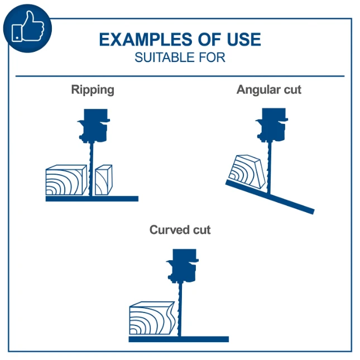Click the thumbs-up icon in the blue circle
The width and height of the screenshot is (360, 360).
click(x=28, y=27)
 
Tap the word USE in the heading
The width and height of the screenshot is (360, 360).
click(x=243, y=40)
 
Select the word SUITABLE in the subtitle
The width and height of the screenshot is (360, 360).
click(x=165, y=57)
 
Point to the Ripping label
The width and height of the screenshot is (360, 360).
click(x=93, y=90)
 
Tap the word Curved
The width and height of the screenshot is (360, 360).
click(x=169, y=230)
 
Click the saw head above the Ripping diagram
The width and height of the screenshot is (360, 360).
click(x=94, y=126)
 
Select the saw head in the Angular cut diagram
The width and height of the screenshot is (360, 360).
click(x=272, y=125)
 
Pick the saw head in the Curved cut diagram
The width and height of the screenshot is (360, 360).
click(x=183, y=266)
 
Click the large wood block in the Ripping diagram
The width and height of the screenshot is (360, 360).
click(x=66, y=180)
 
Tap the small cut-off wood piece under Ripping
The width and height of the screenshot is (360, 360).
click(x=104, y=180)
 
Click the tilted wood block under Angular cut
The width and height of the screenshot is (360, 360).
click(x=247, y=171)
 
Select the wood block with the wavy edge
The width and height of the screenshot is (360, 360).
click(x=152, y=318)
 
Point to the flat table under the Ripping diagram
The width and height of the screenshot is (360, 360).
click(x=92, y=199)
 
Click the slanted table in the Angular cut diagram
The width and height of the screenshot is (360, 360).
click(x=270, y=197)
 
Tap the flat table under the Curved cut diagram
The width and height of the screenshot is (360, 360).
click(x=179, y=339)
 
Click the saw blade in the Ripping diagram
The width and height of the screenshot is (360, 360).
click(x=91, y=169)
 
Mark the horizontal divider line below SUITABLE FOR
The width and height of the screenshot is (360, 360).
click(x=180, y=76)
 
